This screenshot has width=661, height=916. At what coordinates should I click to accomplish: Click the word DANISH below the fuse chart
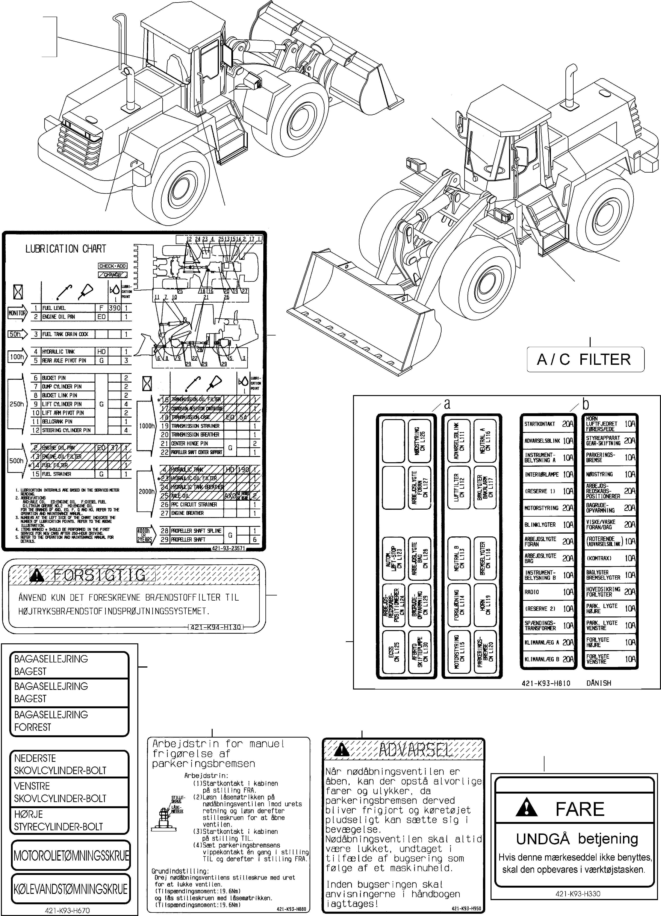[598, 683]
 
